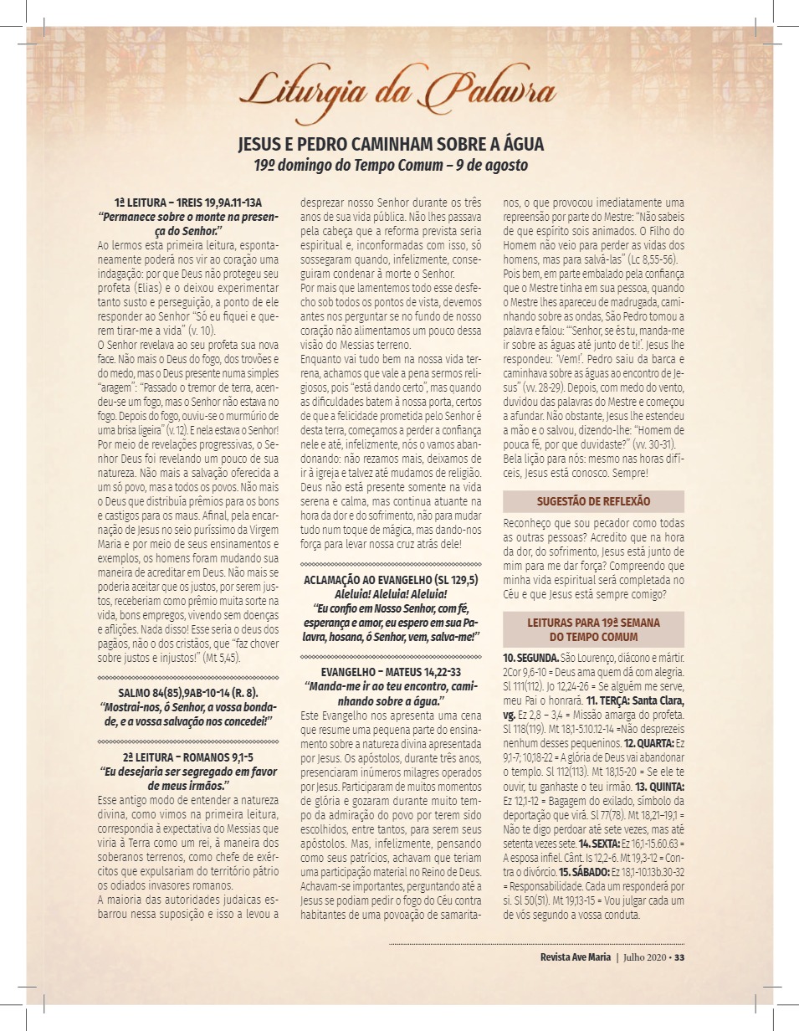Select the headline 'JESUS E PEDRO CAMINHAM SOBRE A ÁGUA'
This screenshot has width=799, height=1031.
coord(392,144)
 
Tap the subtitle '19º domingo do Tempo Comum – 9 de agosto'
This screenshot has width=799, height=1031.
coord(392,165)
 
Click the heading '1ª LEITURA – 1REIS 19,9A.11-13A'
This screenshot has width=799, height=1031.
coord(189,203)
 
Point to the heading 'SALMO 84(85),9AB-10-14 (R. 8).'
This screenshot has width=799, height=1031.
coord(188,692)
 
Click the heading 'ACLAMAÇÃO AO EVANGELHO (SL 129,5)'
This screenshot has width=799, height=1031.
coord(391,579)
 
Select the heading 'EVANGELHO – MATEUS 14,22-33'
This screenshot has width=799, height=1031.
coord(391,672)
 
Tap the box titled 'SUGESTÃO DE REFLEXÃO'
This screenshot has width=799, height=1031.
coord(593,501)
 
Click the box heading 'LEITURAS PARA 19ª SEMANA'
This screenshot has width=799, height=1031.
coord(593,623)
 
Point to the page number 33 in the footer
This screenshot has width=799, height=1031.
coord(679,958)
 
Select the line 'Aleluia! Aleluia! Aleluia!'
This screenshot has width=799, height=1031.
coord(391,592)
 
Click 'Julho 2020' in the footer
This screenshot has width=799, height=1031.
coord(644,958)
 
